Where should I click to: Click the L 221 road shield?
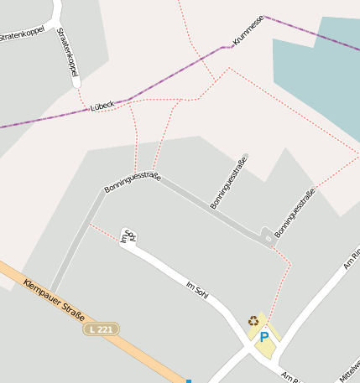101,329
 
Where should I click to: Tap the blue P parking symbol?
263,338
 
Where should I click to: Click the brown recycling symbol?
253,320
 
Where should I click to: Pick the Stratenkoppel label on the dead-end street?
66,54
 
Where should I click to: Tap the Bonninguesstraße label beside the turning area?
295,214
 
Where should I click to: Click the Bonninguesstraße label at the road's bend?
132,182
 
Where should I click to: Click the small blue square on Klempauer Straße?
189,380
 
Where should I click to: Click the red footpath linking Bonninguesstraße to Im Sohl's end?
104,231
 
